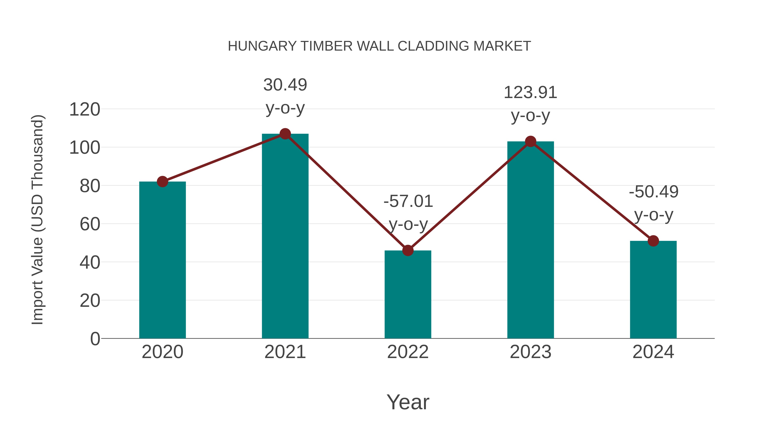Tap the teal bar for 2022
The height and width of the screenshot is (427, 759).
pos(408,295)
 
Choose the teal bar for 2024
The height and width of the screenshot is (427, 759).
pos(653,290)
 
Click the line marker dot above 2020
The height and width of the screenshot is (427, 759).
pos(162,182)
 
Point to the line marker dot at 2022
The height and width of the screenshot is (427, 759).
pos(408,251)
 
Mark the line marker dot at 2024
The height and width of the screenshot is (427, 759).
pos(653,241)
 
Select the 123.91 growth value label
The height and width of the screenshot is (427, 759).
pos(530,93)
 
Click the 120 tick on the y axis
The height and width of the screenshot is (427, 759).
pos(85,110)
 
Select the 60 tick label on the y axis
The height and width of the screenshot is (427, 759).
pos(90,224)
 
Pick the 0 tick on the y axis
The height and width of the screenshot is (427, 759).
pos(95,339)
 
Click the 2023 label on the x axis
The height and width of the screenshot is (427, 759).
pos(530,352)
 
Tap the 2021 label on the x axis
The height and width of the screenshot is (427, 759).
pos(285,352)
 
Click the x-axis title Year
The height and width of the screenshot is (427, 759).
pos(408,402)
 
